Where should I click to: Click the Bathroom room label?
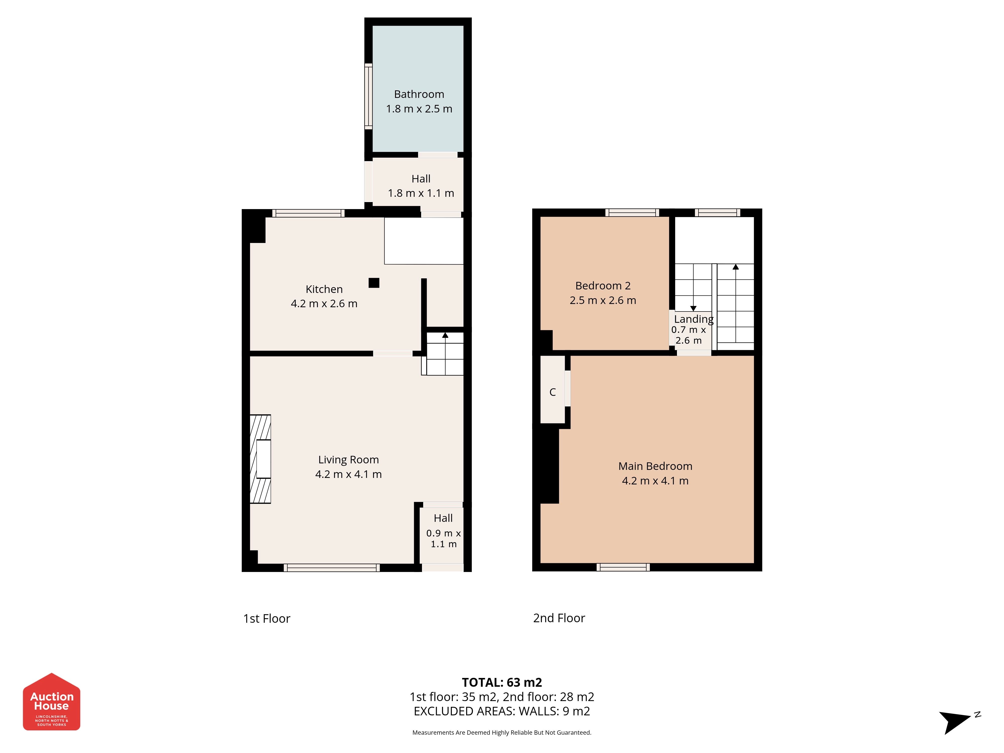coord(419,94)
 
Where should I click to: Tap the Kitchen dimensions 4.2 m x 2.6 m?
coord(324,304)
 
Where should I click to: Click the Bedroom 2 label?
coord(603,286)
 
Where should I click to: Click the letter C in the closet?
coord(552,392)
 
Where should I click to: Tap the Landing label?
coord(694,319)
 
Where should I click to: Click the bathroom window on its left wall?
coord(368,96)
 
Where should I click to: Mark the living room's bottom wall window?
coord(332,567)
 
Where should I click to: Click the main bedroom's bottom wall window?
coord(623,567)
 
